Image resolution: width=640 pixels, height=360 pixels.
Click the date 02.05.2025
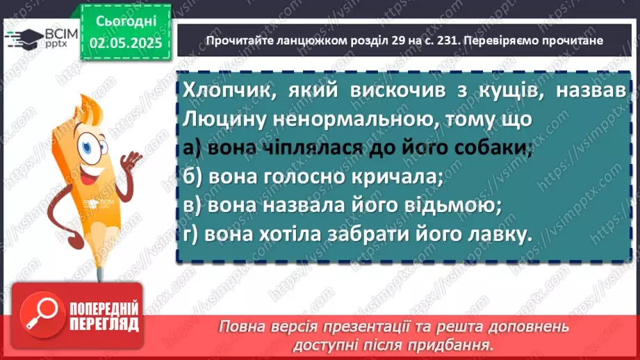click(x=125, y=43)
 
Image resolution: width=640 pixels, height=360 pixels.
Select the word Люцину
click(x=221, y=119)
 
